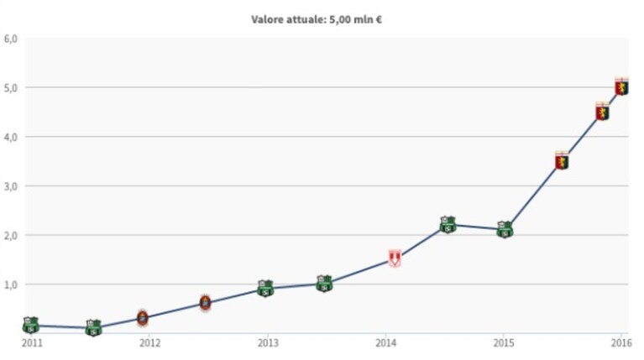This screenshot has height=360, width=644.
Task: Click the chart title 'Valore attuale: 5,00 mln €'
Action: point(317,19)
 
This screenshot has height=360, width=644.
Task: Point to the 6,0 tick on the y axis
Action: point(10,39)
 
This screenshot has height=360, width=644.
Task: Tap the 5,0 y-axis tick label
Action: point(10,88)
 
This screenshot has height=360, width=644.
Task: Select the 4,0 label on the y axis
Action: point(10,137)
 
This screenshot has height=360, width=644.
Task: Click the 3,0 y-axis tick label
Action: point(10,186)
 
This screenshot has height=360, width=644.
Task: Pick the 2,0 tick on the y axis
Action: point(10,236)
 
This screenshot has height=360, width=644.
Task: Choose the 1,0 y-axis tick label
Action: point(10,284)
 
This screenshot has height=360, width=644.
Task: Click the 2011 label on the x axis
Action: point(32,342)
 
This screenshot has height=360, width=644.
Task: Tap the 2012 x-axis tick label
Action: point(150,342)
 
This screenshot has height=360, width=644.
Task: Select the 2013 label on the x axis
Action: point(268,342)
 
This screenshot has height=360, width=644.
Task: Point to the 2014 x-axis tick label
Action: point(385,342)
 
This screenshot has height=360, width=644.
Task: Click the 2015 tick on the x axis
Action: point(504,342)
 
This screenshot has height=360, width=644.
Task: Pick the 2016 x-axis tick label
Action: point(621,342)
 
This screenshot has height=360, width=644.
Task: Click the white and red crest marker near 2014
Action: point(395,258)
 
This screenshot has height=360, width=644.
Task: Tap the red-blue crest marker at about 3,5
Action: point(562,160)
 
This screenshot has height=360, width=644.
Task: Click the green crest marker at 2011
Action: point(31,325)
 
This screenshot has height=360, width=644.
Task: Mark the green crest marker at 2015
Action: point(505,229)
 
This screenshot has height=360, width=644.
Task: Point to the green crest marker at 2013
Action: point(265,288)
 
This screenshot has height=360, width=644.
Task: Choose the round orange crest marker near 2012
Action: point(143,318)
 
